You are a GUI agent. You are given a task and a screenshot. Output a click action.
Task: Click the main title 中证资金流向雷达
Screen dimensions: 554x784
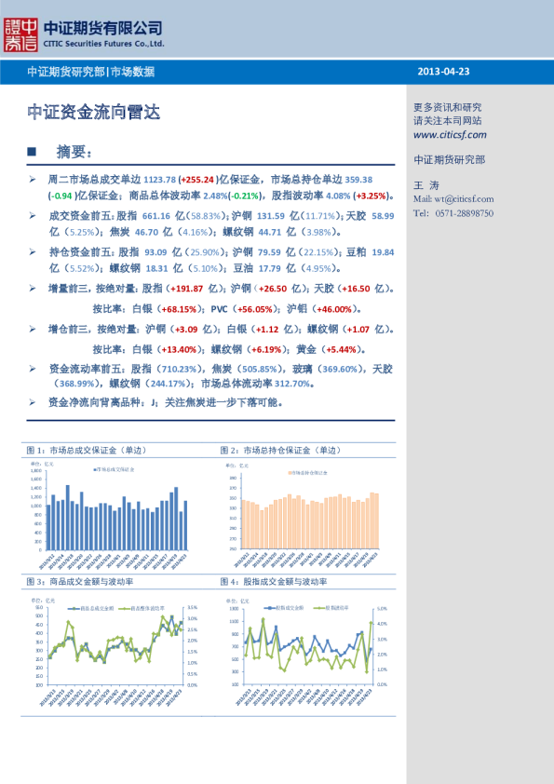(94, 113)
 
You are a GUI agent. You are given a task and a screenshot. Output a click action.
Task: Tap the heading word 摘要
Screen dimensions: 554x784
(74, 151)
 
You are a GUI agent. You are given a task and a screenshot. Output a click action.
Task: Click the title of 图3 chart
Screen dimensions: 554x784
(79, 582)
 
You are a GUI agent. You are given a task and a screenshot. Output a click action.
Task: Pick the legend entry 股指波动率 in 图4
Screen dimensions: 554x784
(335, 607)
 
